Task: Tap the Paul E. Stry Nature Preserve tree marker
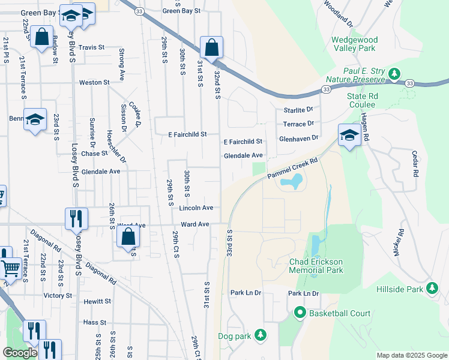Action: click(x=394, y=74)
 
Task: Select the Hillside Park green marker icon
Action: click(x=432, y=289)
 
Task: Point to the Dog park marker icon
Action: click(x=260, y=335)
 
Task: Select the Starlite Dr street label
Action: click(x=298, y=110)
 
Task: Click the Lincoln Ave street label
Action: click(x=196, y=208)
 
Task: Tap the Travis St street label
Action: click(x=92, y=47)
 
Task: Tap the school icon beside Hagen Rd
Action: click(x=349, y=135)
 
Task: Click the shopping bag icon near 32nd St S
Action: click(x=211, y=47)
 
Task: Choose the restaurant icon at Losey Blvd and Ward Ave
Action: click(x=76, y=218)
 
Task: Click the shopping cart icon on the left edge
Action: click(x=10, y=268)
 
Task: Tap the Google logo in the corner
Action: click(x=20, y=353)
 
